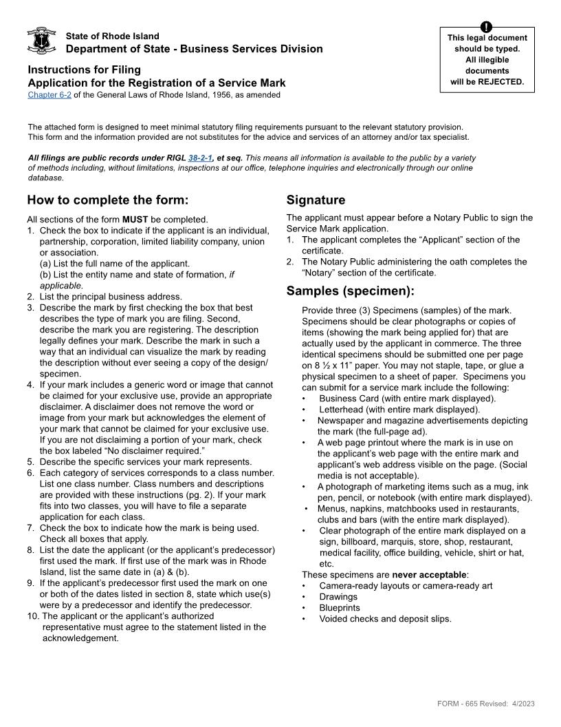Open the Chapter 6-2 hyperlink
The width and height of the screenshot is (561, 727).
(x=49, y=95)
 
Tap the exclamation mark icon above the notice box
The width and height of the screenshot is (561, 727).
(x=487, y=28)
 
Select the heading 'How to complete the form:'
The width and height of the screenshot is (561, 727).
(x=107, y=200)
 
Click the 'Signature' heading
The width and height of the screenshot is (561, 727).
(x=316, y=200)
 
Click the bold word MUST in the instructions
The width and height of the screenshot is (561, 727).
(x=135, y=220)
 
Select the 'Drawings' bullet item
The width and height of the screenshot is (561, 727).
(x=338, y=597)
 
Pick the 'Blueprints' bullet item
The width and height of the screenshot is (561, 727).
(x=340, y=608)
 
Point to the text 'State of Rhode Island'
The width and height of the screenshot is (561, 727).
(x=112, y=36)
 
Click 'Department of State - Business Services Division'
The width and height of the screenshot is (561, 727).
(x=194, y=49)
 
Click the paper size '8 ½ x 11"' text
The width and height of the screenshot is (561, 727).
(x=328, y=366)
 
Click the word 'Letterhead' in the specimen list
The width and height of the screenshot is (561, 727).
(x=343, y=410)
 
